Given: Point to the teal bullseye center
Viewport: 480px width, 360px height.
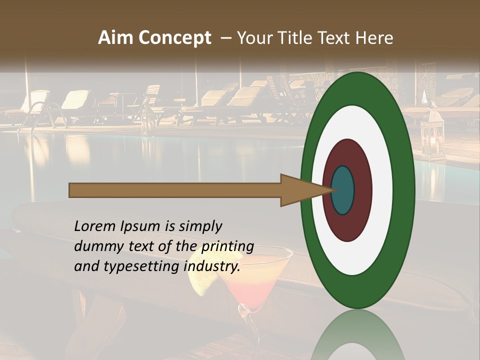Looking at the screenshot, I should (x=342, y=190).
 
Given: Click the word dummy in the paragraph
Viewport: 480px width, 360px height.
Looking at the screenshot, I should (x=94, y=246).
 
